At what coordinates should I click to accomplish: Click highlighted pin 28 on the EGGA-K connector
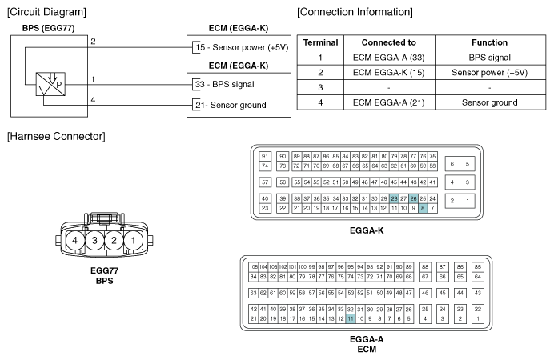click(394, 198)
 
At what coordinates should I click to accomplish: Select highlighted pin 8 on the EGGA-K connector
click(423, 208)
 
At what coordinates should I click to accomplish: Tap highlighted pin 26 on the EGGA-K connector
click(413, 198)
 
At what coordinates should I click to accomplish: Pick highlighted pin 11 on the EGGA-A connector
click(350, 318)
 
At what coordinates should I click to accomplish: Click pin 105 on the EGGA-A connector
click(253, 266)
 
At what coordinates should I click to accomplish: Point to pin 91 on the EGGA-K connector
click(264, 155)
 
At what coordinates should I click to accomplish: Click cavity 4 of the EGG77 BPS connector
click(74, 240)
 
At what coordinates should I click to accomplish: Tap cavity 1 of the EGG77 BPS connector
click(134, 240)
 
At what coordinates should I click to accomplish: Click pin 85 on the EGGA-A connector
click(478, 266)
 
